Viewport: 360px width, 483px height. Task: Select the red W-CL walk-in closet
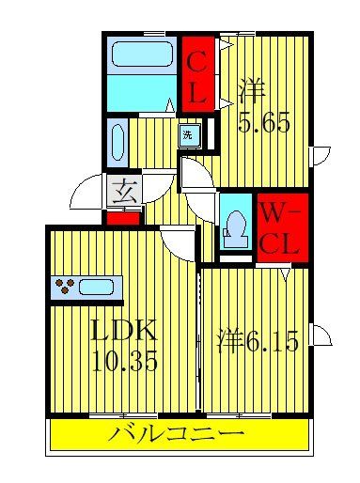pyautogui.click(x=277, y=227)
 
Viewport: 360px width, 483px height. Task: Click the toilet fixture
pyautogui.click(x=235, y=225)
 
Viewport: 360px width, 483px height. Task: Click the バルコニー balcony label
pyautogui.click(x=177, y=434)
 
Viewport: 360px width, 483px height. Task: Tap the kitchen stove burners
pyautogui.click(x=66, y=287)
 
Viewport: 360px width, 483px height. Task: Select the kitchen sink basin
pyautogui.click(x=98, y=287)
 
